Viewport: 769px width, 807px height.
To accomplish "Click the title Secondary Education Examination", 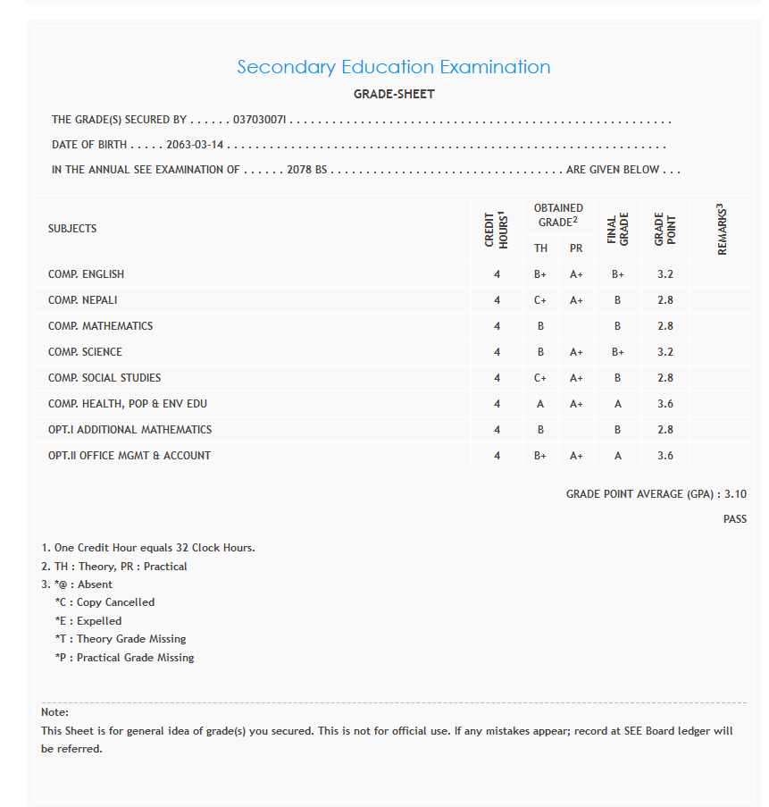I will tap(393, 67).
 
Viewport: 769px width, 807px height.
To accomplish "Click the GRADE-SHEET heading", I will tap(394, 94).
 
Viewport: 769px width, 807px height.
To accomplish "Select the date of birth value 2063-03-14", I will tap(195, 145).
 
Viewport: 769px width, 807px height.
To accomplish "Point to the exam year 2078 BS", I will tap(307, 170).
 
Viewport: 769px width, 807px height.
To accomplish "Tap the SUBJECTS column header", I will tap(72, 229).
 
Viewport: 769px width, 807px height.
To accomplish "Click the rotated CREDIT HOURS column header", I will tap(497, 229).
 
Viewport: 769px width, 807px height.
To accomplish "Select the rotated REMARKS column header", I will tap(722, 229).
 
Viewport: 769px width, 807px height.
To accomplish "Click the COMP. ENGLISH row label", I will tap(86, 274).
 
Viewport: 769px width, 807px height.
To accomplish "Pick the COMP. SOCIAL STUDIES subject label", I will tap(104, 378).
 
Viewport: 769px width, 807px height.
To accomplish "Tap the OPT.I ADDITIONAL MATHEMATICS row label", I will tap(130, 430).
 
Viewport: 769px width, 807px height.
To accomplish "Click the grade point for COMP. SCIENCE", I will tap(665, 352).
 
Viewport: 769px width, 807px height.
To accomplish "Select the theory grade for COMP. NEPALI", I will tap(540, 300).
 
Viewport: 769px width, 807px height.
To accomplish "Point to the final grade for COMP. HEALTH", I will tap(617, 404).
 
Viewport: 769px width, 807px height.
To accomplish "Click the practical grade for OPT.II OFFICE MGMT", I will tap(576, 456).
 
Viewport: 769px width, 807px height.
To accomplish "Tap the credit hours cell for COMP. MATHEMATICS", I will tap(497, 326).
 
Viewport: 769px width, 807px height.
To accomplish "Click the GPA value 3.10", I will tap(735, 494).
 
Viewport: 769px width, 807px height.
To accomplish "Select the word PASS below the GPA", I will tap(735, 519).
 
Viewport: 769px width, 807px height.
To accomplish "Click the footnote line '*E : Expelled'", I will tap(88, 621).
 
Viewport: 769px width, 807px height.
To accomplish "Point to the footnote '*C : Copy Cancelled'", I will tap(104, 602).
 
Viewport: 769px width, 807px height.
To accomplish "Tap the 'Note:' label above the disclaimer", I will tap(54, 712).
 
